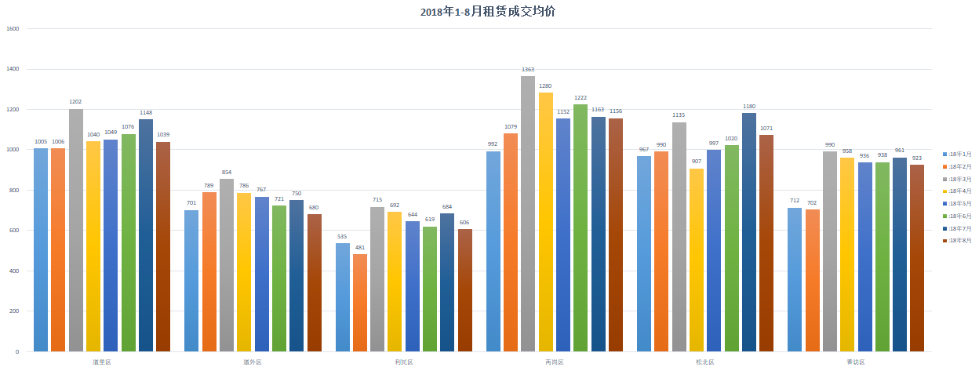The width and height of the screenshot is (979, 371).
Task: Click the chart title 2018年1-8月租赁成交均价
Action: (489, 11)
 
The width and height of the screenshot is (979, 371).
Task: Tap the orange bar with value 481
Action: (360, 302)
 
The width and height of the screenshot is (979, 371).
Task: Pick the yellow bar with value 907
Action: (697, 260)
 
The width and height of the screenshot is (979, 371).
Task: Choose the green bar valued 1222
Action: (580, 227)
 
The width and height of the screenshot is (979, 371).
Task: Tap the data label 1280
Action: (546, 86)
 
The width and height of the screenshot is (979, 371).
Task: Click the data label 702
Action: (812, 203)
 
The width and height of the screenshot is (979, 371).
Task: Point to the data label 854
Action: (227, 173)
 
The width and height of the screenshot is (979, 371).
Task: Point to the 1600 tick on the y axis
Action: (13, 29)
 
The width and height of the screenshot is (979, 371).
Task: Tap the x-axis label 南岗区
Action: (554, 362)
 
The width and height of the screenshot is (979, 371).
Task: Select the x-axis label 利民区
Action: (403, 362)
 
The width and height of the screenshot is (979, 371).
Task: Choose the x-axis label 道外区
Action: (252, 362)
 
